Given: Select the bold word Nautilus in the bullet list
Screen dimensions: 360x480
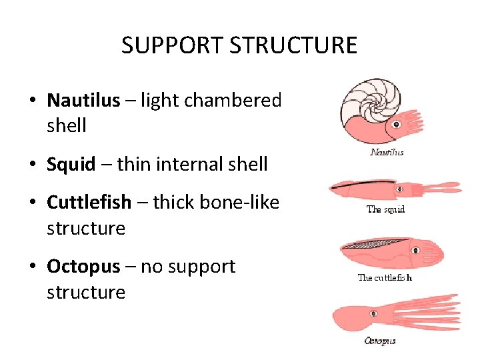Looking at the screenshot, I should [x=83, y=100].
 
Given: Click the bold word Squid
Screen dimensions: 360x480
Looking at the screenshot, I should [x=71, y=164].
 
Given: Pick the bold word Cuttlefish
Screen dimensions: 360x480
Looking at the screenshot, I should [x=89, y=202].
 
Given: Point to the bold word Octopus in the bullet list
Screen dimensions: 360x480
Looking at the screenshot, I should [x=83, y=266].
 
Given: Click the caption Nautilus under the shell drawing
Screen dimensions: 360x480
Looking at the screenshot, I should [x=386, y=152].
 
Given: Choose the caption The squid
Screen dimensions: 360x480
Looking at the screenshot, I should [x=385, y=209].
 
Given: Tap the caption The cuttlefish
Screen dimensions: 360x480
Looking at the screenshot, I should [x=385, y=277].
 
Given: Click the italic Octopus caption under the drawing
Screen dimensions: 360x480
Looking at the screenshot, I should [x=379, y=341].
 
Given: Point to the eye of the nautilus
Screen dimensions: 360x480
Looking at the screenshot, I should [x=396, y=125].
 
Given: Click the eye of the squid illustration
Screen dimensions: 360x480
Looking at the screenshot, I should [x=399, y=189].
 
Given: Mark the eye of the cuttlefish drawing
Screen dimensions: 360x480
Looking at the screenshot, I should [x=415, y=251].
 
